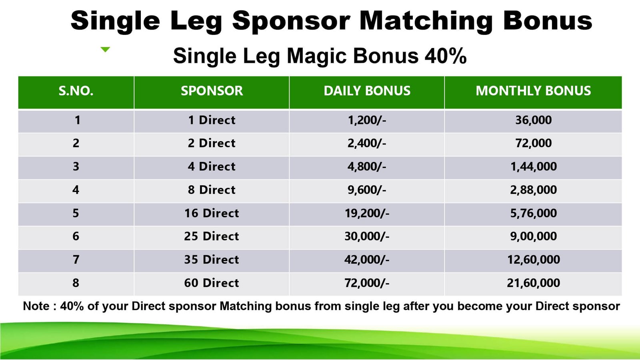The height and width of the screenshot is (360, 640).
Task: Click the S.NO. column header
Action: point(76,91)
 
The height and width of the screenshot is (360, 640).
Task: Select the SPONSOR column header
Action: point(212,91)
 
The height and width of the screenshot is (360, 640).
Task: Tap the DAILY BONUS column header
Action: point(367,91)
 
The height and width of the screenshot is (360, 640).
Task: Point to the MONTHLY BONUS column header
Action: point(533,91)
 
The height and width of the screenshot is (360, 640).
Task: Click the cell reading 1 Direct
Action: point(212,120)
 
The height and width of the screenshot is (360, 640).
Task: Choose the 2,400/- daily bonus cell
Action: point(367,143)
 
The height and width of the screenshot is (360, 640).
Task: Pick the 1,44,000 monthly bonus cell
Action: point(534,166)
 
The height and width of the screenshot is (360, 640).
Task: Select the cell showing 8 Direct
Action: point(212,190)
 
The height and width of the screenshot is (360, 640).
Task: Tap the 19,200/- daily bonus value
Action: point(367,213)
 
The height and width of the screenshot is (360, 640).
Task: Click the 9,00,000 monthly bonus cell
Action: point(534,236)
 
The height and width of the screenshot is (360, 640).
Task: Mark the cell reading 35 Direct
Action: point(212,260)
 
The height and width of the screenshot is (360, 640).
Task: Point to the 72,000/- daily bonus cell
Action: point(367,283)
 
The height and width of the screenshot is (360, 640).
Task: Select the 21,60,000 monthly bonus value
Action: point(534,283)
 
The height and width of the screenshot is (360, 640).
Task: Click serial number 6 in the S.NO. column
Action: point(76,236)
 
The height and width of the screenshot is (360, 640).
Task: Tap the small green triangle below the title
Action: point(105,49)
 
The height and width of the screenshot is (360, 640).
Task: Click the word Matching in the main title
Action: point(426,21)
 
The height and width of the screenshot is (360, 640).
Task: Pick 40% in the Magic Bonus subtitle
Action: point(446,56)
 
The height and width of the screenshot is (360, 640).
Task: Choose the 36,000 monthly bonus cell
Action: point(534,120)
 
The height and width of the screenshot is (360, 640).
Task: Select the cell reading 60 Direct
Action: point(212,283)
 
